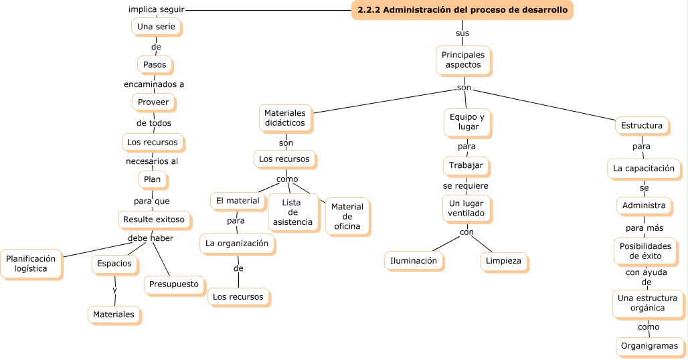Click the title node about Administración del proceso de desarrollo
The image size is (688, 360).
pos(462,10)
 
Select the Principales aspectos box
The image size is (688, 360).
pos(463,60)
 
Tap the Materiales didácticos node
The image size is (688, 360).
pos(284,118)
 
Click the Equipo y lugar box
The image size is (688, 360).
pos(467,122)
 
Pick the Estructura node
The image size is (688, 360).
pos(641,125)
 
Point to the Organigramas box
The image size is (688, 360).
pos(649,346)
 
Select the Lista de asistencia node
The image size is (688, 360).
pos(292,211)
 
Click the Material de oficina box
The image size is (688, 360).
pos(347,216)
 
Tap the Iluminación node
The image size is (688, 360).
pos(414,260)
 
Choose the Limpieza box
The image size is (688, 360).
pos(503,261)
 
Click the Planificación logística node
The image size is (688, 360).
pos(31,263)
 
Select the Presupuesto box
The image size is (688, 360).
pos(174,284)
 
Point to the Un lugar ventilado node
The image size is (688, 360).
pos(466,208)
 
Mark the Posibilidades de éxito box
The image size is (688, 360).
pos(645,251)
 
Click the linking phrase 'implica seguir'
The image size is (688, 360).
pos(156,9)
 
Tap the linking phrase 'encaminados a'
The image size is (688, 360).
pos(154,84)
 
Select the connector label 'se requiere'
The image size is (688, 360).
pos(465,185)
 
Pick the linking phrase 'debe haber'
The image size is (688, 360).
pos(151,238)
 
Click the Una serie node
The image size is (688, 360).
pos(156,26)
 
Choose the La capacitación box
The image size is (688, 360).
pos(644,168)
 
